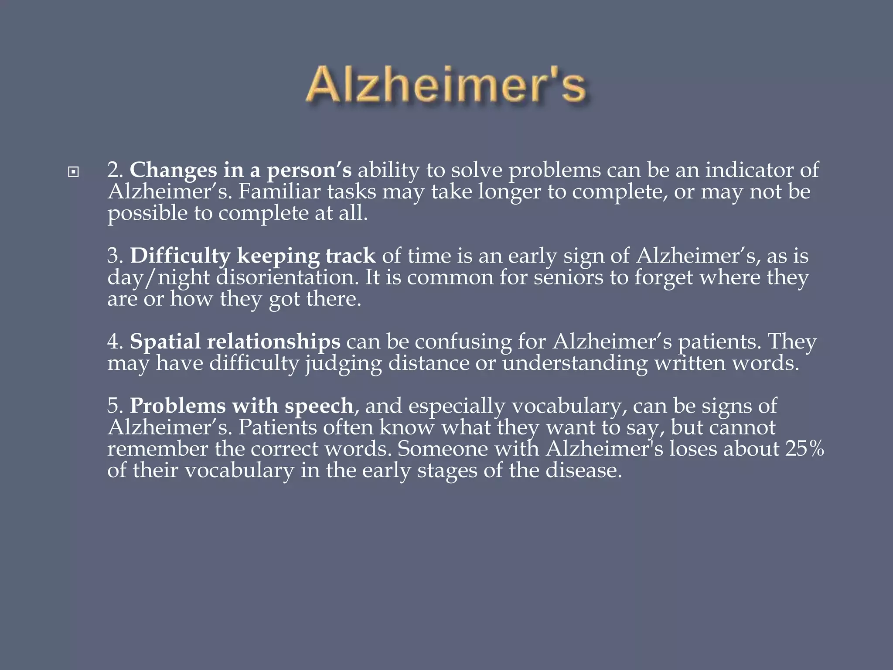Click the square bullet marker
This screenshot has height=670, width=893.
(74, 172)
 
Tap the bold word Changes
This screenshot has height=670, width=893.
(173, 170)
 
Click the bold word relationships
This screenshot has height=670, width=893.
(273, 342)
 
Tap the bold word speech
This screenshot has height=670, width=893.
(319, 406)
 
